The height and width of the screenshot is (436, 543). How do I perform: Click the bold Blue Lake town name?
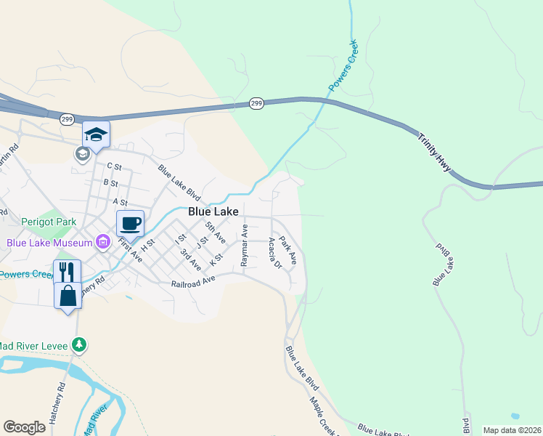213,211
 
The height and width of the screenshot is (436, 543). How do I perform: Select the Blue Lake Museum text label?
49,243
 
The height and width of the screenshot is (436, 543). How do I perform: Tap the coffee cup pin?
131,223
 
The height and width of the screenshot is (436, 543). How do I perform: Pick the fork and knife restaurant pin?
67,272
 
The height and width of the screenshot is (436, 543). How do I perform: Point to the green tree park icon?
83,344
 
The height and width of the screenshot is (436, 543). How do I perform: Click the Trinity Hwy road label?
435,153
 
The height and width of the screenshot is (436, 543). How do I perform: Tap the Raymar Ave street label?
245,244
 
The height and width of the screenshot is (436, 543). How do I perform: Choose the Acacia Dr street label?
274,253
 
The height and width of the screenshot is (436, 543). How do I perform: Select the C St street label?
115,166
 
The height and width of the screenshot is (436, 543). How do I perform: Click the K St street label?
216,259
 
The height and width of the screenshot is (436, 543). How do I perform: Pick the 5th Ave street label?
216,233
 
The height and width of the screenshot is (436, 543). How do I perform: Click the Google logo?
24,427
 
